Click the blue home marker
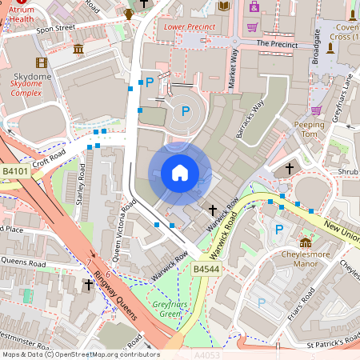click(x=180, y=173)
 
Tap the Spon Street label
click(x=55, y=27)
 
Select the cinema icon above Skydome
click(x=42, y=62)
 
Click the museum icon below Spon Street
click(x=78, y=50)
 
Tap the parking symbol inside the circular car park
click(x=184, y=111)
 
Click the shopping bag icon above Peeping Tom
click(x=316, y=110)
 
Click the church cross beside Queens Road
click(x=90, y=284)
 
